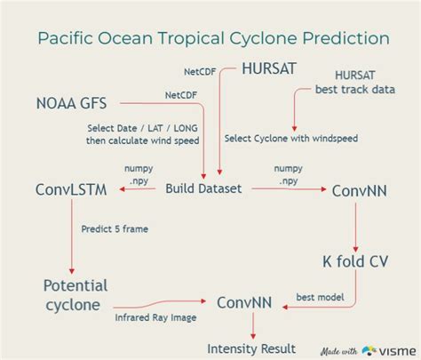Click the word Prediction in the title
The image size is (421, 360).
click(342, 38)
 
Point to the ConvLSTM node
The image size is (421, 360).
click(71, 190)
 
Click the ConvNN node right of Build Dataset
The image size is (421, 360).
click(357, 190)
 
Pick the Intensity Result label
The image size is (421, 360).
click(251, 348)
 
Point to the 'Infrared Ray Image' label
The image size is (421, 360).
click(156, 316)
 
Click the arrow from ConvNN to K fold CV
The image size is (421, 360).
click(356, 226)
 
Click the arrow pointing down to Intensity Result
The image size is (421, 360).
click(251, 327)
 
